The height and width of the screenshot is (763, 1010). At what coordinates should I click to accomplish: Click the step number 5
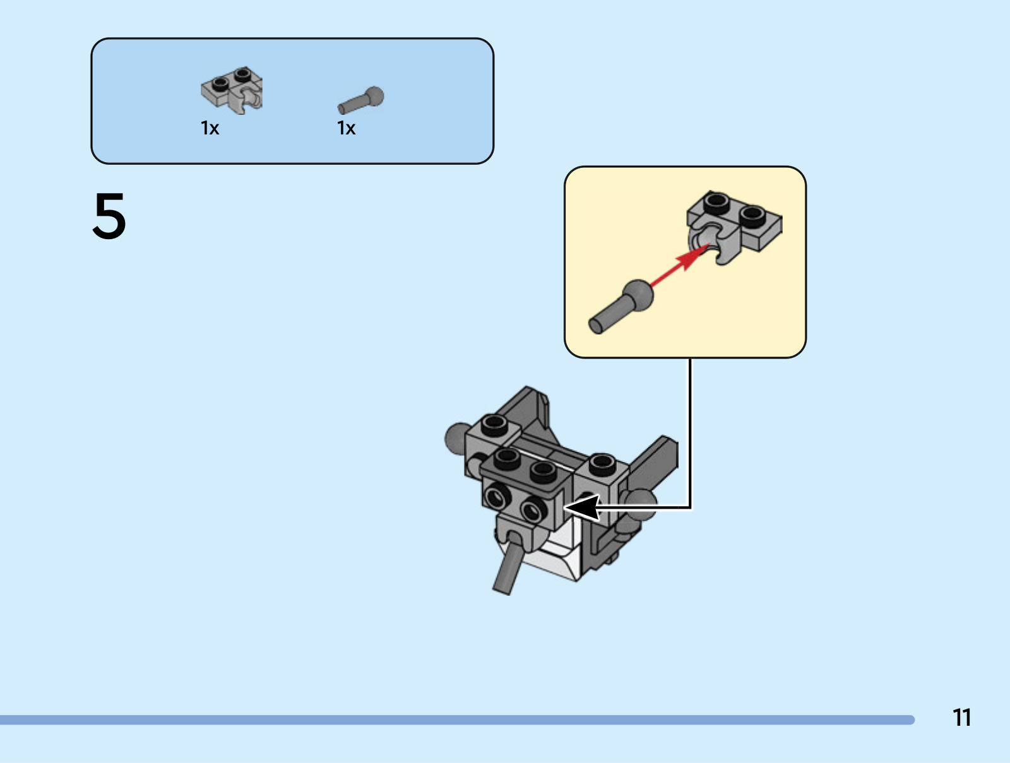pos(109,216)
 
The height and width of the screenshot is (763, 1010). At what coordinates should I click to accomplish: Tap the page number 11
pos(961,717)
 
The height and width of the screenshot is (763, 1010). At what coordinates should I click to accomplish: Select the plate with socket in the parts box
pos(232,90)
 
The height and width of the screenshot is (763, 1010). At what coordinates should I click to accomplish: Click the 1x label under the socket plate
pos(210,128)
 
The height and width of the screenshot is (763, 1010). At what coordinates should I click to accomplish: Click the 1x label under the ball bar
pos(346,128)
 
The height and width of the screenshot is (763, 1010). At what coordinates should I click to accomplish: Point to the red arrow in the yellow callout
pos(680,265)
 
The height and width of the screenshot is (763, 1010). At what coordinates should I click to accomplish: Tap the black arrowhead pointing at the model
pos(582,508)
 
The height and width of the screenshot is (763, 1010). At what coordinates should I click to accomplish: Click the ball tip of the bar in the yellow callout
pos(638,295)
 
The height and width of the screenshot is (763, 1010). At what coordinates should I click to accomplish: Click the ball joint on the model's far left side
pos(456,439)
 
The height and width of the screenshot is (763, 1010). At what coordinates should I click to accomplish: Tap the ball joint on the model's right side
pos(641,504)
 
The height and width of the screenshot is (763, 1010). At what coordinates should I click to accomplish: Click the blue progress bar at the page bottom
pos(457,719)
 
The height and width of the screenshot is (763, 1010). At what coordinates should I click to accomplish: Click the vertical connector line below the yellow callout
pos(690,432)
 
